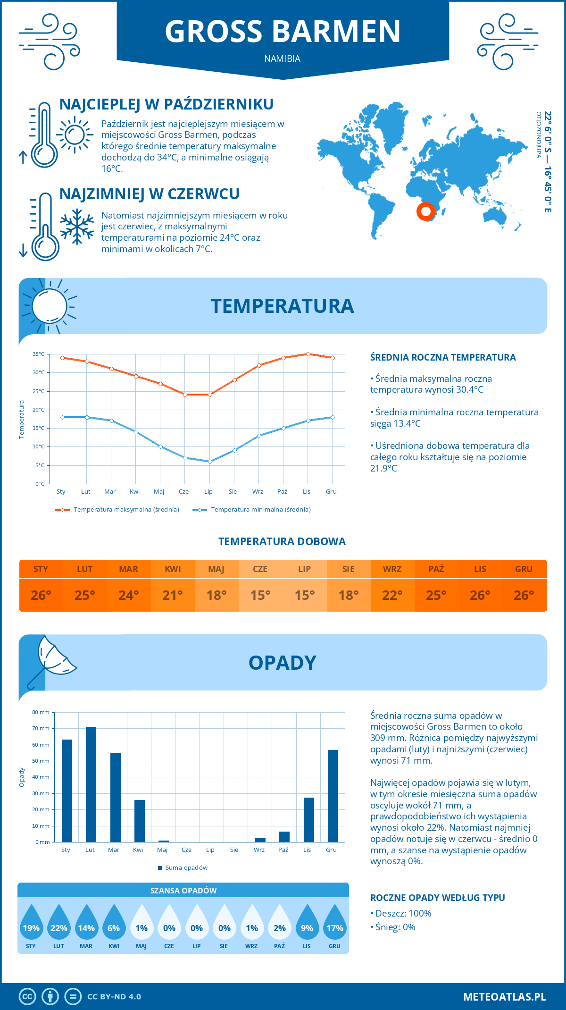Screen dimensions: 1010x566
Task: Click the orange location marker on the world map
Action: point(425,211)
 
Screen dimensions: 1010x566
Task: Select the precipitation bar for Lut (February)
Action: point(91,784)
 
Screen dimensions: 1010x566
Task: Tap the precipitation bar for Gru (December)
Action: point(333,796)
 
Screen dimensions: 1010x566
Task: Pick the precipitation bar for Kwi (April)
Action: point(139,821)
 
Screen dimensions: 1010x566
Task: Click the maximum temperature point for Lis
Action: point(308,354)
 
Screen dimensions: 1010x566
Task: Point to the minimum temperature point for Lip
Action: point(210,462)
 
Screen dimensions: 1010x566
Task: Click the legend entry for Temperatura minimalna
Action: point(252,510)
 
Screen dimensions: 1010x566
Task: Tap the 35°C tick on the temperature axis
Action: point(39,354)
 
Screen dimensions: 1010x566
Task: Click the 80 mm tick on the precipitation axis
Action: point(41,712)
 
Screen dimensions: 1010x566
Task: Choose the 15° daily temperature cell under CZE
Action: point(260,595)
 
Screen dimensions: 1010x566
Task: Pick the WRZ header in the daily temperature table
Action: point(392,569)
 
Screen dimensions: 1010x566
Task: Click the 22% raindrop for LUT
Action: point(59,925)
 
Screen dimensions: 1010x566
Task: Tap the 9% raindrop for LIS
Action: point(307,925)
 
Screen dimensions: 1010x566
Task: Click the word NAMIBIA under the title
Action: point(282,59)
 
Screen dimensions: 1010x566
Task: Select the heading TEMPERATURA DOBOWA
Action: point(282,541)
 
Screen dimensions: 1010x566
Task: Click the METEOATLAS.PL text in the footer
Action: point(504,996)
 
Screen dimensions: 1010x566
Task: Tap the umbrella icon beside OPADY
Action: point(50,661)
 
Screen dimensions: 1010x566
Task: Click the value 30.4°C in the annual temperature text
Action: point(467,390)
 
